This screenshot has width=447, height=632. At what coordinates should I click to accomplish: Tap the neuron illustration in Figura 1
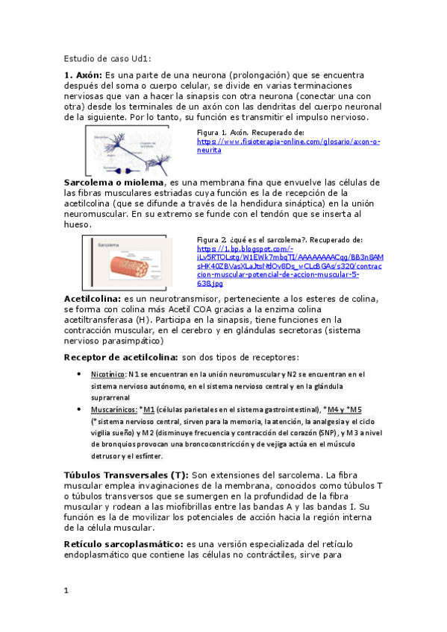tap(138, 149)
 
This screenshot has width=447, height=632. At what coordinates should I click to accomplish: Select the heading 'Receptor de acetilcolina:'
tap(121, 358)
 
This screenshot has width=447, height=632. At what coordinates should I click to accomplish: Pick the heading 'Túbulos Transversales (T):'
tap(126, 475)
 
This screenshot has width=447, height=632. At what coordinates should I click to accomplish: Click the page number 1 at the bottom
tap(66, 590)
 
